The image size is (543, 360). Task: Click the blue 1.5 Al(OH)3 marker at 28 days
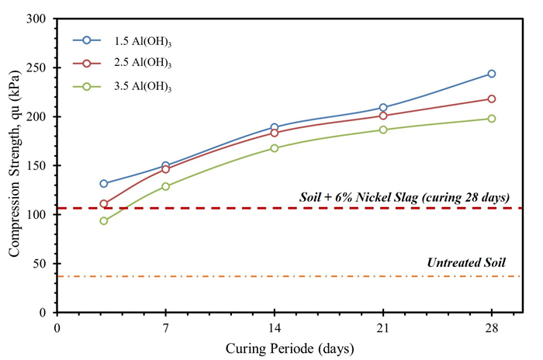point(492,74)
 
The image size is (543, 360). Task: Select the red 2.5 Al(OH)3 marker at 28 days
point(492,99)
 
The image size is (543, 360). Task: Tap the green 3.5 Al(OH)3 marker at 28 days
point(492,119)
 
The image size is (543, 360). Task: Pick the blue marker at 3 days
point(104,184)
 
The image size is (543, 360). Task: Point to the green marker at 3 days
point(104,220)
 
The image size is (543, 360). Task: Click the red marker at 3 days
point(104,204)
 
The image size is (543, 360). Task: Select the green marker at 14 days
point(275,148)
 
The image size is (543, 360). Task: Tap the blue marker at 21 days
point(383,108)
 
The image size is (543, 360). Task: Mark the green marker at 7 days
point(166,186)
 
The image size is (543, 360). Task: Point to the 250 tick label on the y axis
point(36,67)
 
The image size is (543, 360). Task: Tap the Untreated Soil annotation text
point(466,263)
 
